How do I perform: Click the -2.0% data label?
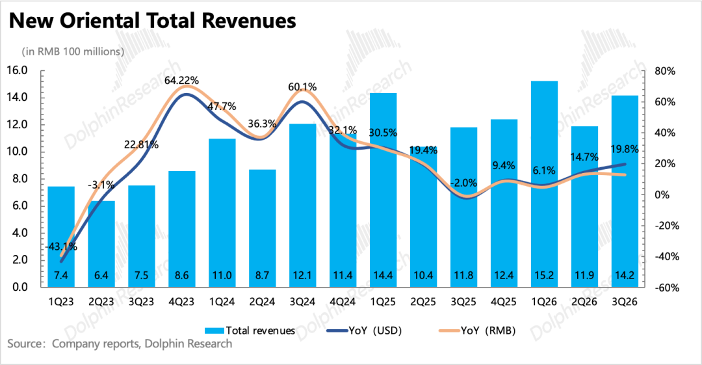tap(464, 183)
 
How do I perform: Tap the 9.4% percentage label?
tap(504, 165)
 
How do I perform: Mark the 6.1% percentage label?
tap(544, 170)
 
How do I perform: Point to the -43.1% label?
tap(62, 247)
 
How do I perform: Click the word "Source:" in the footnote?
tap(25, 344)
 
